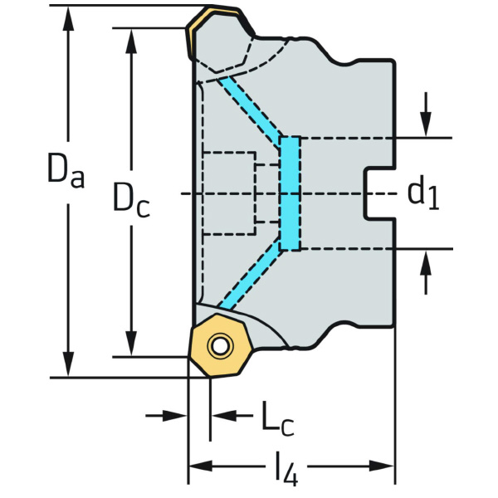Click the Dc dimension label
click(x=131, y=199)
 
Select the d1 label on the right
click(x=422, y=193)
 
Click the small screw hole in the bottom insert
click(x=219, y=345)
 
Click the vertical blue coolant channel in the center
click(x=290, y=193)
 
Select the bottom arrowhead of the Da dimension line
click(x=67, y=367)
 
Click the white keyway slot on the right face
click(x=378, y=194)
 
